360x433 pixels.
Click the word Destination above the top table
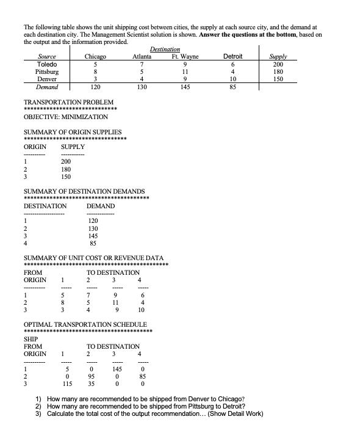165,49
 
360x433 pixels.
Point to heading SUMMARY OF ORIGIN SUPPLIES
72,132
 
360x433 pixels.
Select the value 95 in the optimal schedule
90,377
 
